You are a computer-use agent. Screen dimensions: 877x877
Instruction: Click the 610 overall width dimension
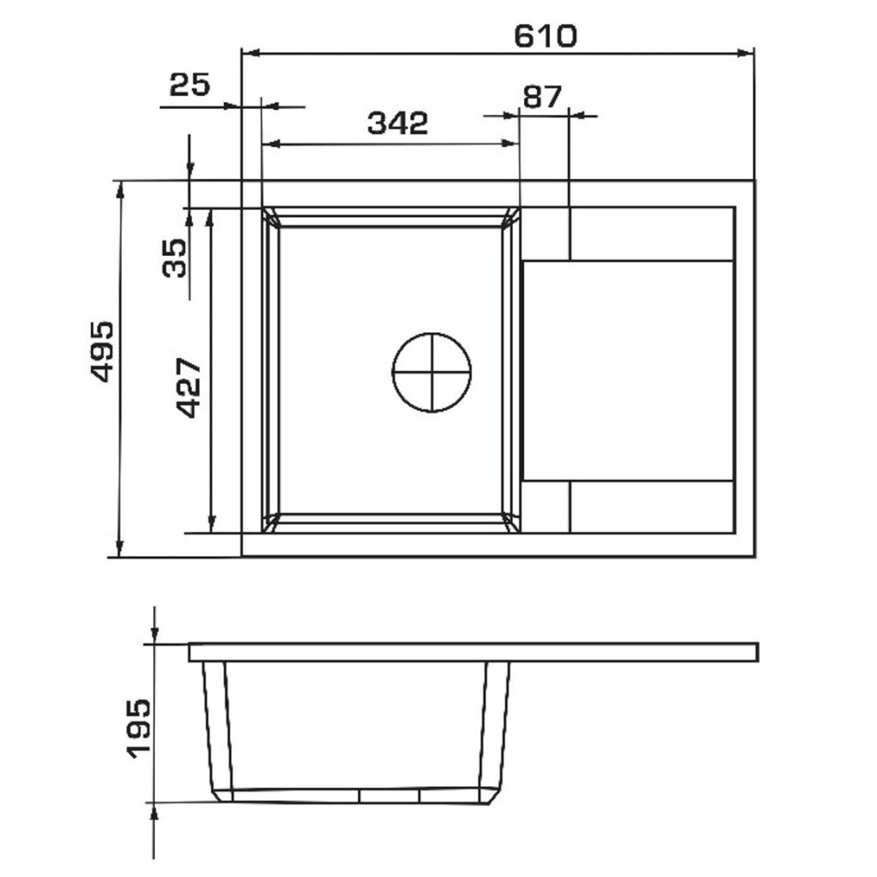(546, 36)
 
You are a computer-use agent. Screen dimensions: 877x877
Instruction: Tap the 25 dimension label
(189, 85)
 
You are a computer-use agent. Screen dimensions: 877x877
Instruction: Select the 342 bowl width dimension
(397, 123)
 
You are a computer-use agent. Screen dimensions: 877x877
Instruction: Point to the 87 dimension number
(542, 97)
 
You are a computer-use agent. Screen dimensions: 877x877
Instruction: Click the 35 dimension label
(174, 258)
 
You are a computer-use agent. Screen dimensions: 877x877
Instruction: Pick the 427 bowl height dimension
(188, 388)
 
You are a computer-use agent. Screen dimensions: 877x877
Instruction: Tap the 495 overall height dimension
(103, 351)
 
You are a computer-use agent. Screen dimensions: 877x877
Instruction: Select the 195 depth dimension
(139, 728)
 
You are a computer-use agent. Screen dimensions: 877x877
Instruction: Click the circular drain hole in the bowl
(432, 372)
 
